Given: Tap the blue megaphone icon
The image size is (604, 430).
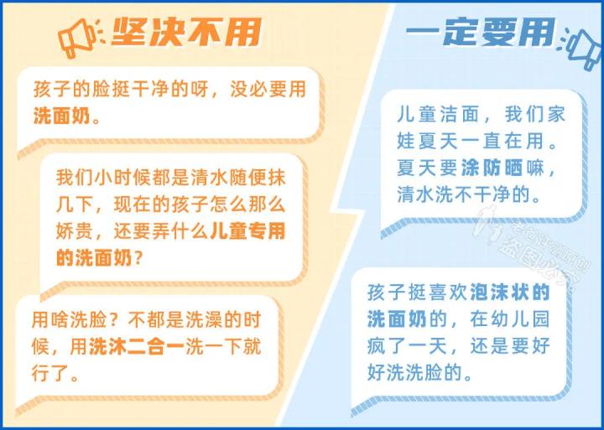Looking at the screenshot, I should click(x=581, y=46).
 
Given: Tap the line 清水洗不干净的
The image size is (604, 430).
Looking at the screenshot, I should click(x=466, y=194).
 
